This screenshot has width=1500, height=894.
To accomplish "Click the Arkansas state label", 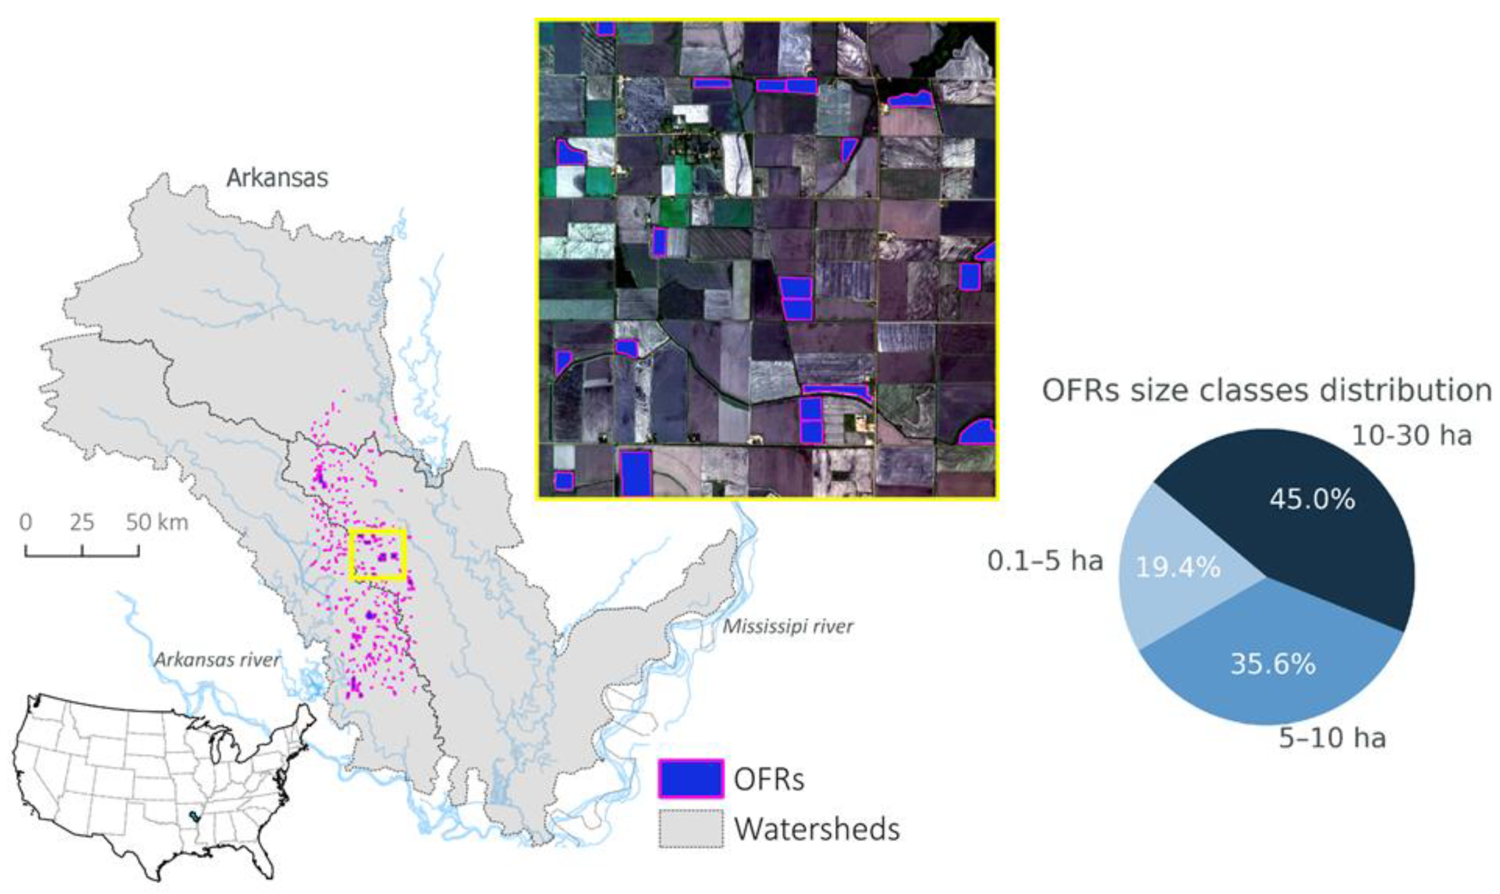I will [277, 178].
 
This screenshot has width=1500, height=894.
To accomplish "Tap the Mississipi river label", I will [787, 626].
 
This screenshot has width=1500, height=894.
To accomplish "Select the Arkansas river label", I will [217, 660].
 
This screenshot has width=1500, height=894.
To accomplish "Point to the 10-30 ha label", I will [1411, 436].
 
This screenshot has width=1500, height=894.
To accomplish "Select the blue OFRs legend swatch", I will [690, 778].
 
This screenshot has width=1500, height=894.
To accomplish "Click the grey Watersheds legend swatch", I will [690, 829].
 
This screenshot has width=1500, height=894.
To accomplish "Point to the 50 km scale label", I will [157, 522].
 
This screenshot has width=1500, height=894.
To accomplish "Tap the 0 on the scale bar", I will [25, 522].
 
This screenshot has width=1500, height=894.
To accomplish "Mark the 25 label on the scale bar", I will [82, 522].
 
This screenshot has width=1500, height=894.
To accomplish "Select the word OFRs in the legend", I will [769, 779].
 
